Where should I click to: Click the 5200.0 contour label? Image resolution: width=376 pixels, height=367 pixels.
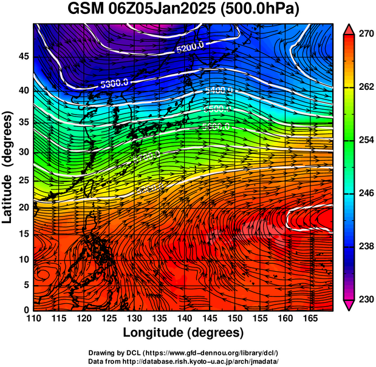click(x=190, y=46)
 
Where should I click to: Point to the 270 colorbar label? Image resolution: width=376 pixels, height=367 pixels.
click(x=364, y=34)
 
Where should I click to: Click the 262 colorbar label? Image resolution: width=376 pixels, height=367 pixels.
click(x=364, y=87)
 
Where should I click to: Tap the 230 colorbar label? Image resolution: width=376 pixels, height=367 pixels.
click(x=364, y=299)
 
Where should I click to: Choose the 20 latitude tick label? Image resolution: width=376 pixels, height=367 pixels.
click(x=22, y=207)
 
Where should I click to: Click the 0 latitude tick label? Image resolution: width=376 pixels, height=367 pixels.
click(x=25, y=309)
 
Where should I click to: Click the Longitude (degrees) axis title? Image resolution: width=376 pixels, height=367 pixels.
click(x=183, y=333)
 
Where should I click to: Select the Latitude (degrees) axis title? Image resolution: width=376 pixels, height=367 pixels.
click(x=9, y=167)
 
